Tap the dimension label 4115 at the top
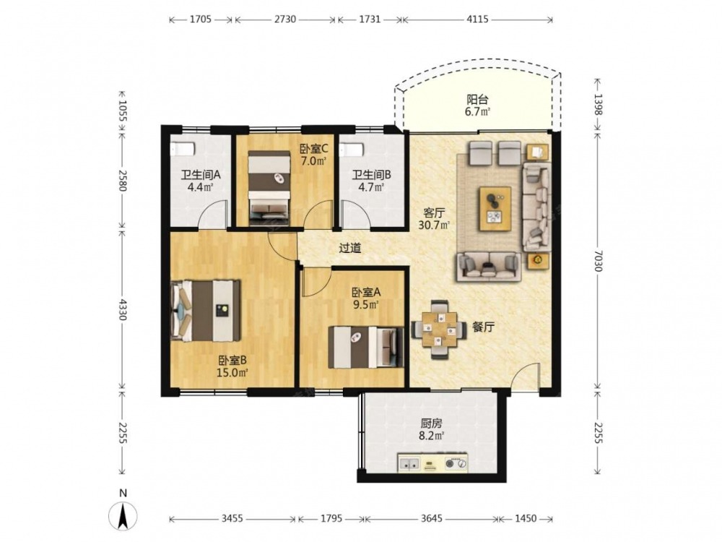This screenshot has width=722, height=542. coord(477,20)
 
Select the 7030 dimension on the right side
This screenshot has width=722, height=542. coord(598,261)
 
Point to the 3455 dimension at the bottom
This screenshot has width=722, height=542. coord(232,518)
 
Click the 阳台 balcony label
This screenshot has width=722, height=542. coord(477,99)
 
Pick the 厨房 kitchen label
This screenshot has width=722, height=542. coord(431,423)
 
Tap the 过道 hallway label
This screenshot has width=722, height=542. coord(350,249)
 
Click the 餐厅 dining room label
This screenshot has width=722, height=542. coord(484,327)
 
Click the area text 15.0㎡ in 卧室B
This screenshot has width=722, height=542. coord(232,372)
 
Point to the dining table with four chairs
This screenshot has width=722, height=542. coord(439,329)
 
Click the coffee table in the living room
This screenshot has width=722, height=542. coord(495,208)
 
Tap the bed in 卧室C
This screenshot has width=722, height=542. coord(269,188)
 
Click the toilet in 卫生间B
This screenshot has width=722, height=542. coord(352,149)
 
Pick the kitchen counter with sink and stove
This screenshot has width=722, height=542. coord(432,463)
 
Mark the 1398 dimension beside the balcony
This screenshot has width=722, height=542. coord(598,104)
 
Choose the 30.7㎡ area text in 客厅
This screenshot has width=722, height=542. coord(434,225)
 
